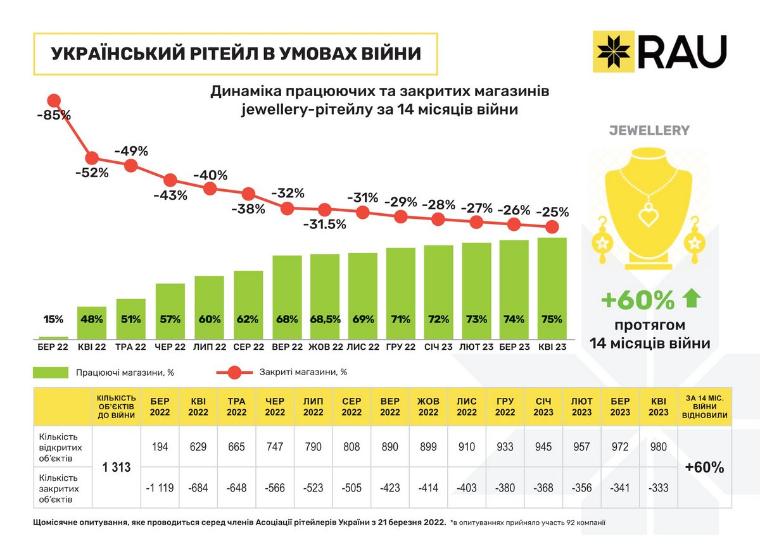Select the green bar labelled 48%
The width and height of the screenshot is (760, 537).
point(92,323)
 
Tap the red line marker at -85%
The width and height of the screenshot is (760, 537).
point(54,100)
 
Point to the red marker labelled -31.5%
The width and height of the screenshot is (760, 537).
point(324,209)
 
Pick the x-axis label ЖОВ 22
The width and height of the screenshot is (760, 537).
point(326,347)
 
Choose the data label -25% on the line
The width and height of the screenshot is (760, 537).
point(552,212)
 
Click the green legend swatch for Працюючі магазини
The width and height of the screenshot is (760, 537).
point(51,373)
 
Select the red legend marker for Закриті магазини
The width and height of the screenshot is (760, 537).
point(233,373)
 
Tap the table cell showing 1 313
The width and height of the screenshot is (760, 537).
point(117,467)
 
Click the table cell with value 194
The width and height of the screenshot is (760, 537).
point(161,447)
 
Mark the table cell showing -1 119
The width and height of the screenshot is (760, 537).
point(161,488)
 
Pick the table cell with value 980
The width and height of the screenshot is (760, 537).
point(659,447)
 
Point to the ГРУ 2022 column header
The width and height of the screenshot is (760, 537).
point(505,407)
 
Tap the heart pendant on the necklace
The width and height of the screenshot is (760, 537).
point(648,216)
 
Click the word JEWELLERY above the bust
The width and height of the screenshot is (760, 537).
point(649,131)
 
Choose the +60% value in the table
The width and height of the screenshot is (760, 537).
point(705,467)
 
